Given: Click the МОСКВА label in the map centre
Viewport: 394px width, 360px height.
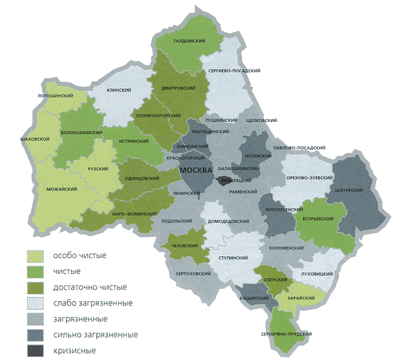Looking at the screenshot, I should click(196, 170).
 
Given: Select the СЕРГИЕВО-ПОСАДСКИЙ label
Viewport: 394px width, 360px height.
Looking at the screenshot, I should click(234, 71).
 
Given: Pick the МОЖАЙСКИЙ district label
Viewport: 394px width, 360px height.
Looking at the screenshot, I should click(62, 189).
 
